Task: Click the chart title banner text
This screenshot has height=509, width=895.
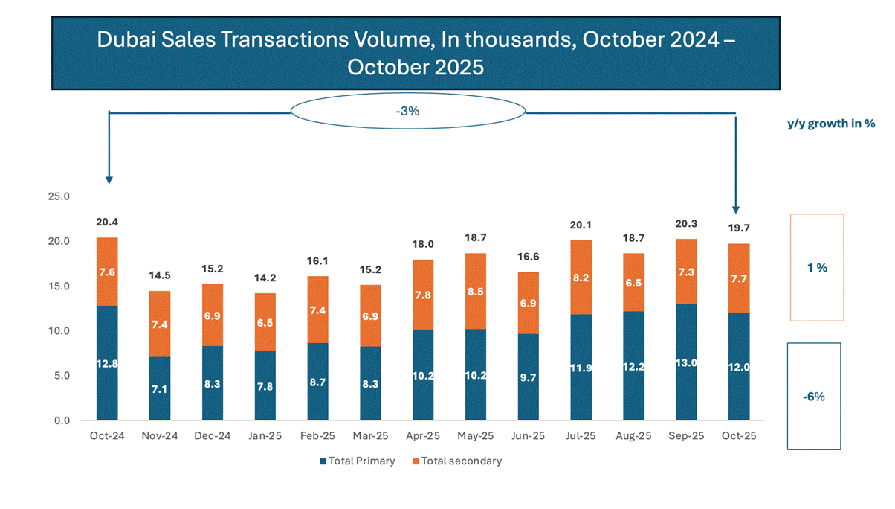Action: point(416,53)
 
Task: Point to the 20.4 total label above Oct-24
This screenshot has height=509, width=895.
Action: point(107,222)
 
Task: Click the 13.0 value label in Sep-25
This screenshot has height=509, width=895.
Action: point(687,364)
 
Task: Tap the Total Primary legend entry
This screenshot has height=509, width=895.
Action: point(358,461)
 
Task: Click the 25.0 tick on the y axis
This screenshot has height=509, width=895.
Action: point(58,197)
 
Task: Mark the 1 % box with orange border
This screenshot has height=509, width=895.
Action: point(816,267)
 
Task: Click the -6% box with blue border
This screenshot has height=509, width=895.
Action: point(813,396)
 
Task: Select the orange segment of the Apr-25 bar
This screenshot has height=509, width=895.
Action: point(424,295)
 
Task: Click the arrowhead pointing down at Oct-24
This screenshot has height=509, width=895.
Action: point(109,179)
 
